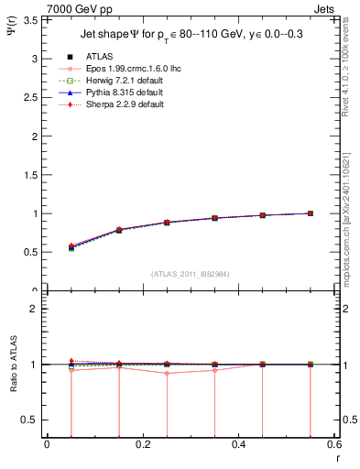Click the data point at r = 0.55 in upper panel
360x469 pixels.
(311, 213)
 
